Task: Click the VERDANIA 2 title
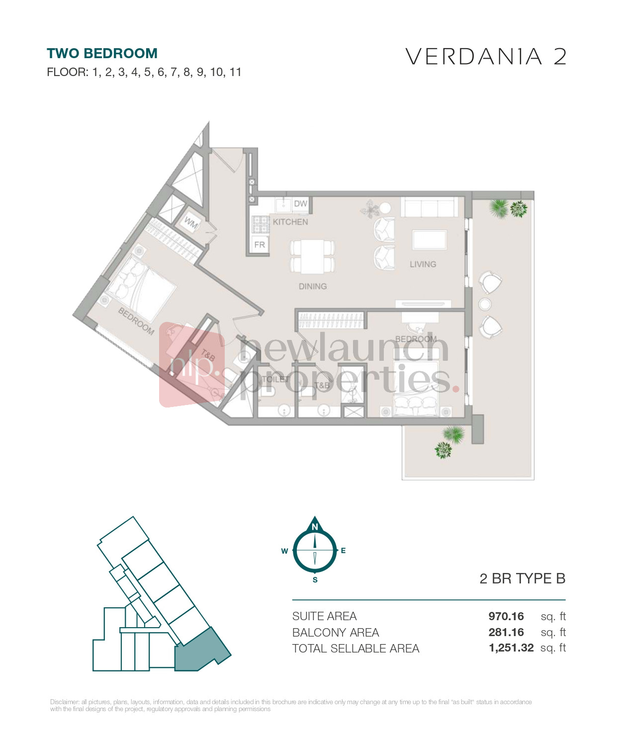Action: coord(486,57)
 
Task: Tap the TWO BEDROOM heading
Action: coord(102,54)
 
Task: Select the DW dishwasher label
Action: coord(300,204)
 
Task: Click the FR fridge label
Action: coord(260,245)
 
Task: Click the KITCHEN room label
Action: coord(290,222)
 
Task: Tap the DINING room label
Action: coord(313,287)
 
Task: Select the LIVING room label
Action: coord(423,264)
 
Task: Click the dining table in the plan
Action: coord(312,256)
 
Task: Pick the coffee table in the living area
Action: coord(430,240)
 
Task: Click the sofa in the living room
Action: coord(430,207)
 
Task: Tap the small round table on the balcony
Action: coord(485,304)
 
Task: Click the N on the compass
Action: coord(315,527)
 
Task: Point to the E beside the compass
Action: coord(343,551)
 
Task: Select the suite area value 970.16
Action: coord(506,617)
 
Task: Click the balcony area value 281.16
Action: coord(506,633)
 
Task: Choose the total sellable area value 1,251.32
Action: coord(511,648)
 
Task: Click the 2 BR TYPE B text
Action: coord(522,579)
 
